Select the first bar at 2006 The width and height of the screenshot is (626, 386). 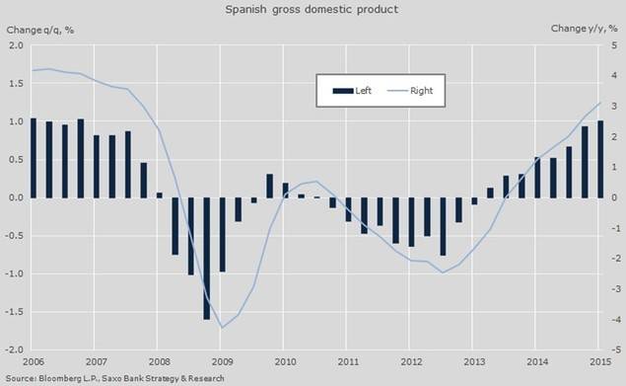click(35, 158)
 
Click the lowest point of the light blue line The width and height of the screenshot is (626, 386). click(222, 327)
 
